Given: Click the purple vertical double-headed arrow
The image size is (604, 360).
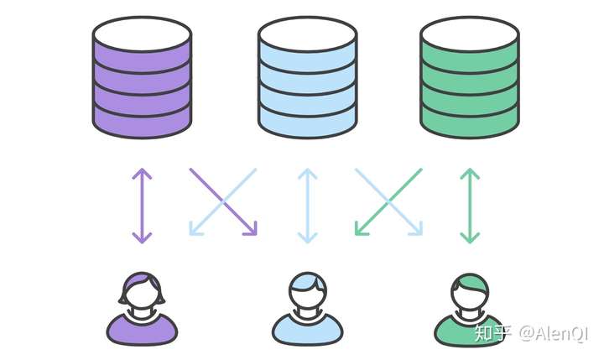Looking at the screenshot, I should pos(142,206).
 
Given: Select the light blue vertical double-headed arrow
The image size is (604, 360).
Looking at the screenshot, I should pos(307,206).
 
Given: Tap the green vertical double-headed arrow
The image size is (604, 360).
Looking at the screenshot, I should pos(470,206).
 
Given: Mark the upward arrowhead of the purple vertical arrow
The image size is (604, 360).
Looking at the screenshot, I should pos(142,174).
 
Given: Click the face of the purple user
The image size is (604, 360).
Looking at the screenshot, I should pos(141,294).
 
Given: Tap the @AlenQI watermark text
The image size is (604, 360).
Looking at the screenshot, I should pos(554,333).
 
